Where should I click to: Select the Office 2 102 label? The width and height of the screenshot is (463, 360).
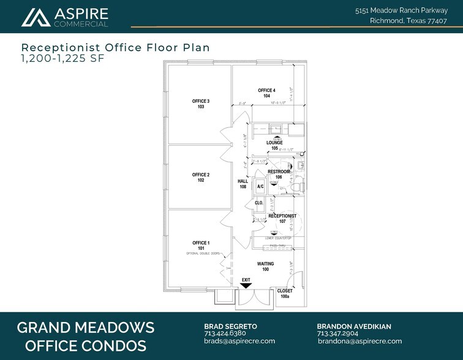click(201, 178)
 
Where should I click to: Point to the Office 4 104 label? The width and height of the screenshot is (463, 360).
click(266, 93)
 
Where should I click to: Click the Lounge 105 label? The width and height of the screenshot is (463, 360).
click(274, 146)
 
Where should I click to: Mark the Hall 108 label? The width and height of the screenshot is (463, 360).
click(243, 184)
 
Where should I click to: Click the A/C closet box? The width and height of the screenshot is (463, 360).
click(260, 186)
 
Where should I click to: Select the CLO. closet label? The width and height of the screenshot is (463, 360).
click(259, 203)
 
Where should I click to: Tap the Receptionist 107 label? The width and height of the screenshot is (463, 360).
click(282, 219)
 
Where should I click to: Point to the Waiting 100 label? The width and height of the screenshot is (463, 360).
click(265, 266)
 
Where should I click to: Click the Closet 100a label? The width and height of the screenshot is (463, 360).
click(285, 293)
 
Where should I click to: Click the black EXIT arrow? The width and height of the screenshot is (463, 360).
click(246, 285)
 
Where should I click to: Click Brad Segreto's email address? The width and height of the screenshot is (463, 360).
click(239, 341)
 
